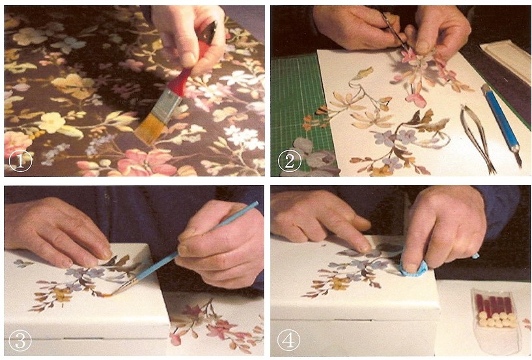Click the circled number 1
(20, 161)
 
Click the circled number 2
(289, 161)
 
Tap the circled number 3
(20, 340)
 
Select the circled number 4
(288, 340)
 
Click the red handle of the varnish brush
(191, 72)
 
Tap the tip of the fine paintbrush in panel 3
(109, 295)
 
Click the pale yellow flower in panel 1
(52, 122)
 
